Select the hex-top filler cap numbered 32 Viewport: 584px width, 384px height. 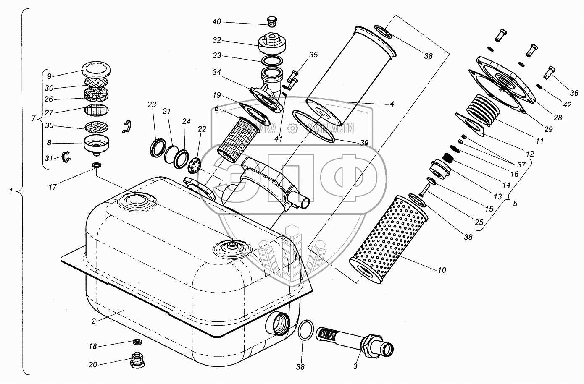click(271, 44)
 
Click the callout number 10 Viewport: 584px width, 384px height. click(442, 270)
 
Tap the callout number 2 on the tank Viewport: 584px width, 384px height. click(94, 321)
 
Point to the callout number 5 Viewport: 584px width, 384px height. click(515, 204)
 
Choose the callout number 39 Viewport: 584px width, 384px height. click(364, 143)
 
